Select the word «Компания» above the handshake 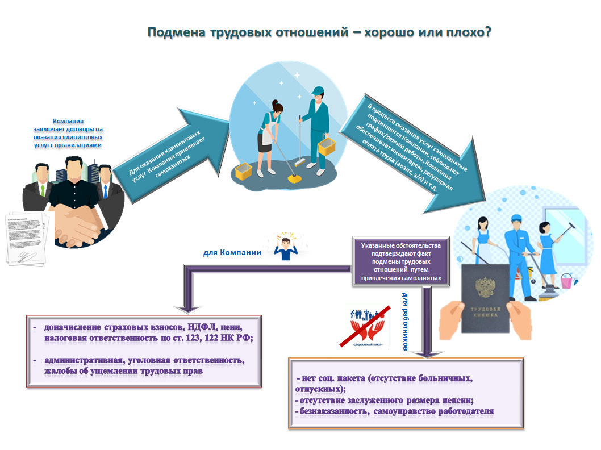click(68, 121)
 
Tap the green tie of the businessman click(43, 190)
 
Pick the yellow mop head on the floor click(294, 178)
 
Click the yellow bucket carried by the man click(327, 147)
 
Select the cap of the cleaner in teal click(318, 91)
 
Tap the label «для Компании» click(232, 253)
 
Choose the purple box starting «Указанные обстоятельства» click(401, 262)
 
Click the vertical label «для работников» click(405, 321)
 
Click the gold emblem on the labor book click(485, 287)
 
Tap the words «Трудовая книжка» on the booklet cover click(485, 312)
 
